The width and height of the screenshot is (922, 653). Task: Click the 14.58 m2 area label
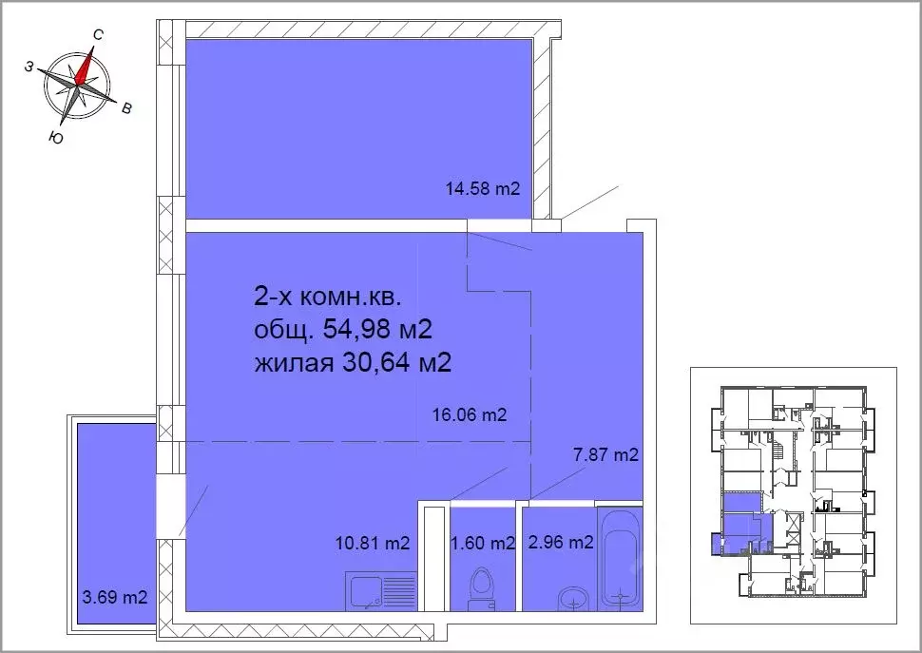pyautogui.click(x=483, y=189)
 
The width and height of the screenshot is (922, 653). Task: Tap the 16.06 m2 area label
pyautogui.click(x=470, y=415)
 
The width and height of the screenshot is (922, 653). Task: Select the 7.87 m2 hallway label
pyautogui.click(x=605, y=455)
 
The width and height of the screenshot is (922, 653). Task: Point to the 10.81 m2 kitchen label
pyautogui.click(x=373, y=543)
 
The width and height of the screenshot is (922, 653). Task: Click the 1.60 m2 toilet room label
pyautogui.click(x=482, y=543)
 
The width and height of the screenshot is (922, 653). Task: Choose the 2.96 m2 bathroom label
pyautogui.click(x=561, y=542)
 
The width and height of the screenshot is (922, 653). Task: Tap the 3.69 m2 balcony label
pyautogui.click(x=115, y=598)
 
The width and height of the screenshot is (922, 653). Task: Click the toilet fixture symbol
pyautogui.click(x=482, y=588)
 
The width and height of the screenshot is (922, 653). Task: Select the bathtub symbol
pyautogui.click(x=620, y=558)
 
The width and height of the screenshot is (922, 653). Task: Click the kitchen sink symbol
pyautogui.click(x=382, y=591)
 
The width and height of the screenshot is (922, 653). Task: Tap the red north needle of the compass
pyautogui.click(x=85, y=67)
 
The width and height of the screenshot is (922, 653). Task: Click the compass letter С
pyautogui.click(x=98, y=35)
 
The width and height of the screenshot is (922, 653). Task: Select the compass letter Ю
pyautogui.click(x=56, y=138)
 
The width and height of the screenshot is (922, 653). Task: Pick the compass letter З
pyautogui.click(x=29, y=67)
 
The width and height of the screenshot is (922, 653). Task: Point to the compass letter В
pyautogui.click(x=125, y=108)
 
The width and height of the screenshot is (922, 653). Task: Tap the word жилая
pyautogui.click(x=293, y=364)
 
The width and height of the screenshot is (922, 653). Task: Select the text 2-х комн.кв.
pyautogui.click(x=328, y=297)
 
